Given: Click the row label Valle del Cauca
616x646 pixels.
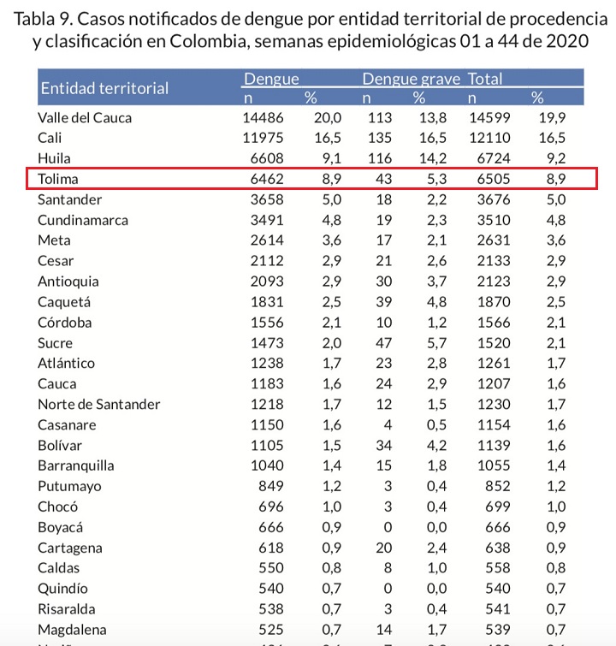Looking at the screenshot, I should [85, 118].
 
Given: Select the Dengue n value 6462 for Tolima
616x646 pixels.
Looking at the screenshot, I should [264, 179].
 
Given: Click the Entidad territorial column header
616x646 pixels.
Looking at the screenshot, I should [104, 88].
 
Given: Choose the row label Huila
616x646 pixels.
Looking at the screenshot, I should [54, 158].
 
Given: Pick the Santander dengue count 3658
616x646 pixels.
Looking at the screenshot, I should [264, 199].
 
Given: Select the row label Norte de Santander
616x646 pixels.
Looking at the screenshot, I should [99, 404].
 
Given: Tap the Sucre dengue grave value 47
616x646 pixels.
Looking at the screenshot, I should [382, 342].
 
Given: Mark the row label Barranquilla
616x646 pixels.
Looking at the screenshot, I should [76, 465].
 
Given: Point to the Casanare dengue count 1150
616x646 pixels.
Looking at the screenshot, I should [264, 424].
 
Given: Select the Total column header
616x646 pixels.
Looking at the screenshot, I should [484, 80].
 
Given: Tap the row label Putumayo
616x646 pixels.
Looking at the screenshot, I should [70, 486].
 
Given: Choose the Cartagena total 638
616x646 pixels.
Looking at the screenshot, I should [498, 548].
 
